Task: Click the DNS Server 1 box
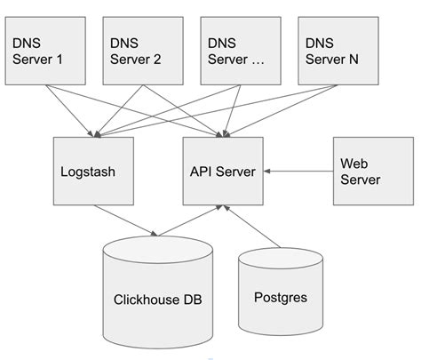[x=47, y=52]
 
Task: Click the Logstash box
[x=92, y=171]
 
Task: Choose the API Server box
[x=222, y=171]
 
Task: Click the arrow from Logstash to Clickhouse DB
[x=124, y=220]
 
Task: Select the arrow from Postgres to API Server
[x=253, y=227]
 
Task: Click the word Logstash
[x=92, y=171]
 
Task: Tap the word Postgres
[x=280, y=298]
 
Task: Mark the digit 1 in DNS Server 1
[x=60, y=60]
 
